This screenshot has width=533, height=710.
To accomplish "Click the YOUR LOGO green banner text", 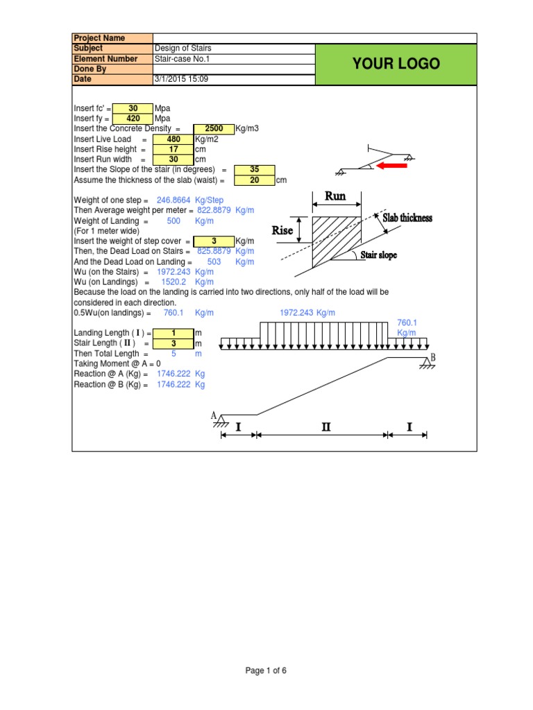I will coord(396,64).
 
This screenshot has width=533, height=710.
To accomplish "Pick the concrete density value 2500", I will coord(214,129).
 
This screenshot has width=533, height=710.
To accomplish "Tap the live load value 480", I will coord(173,139).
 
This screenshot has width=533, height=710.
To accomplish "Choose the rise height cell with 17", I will coord(173,149).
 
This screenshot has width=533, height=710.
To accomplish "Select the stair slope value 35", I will coord(255,170).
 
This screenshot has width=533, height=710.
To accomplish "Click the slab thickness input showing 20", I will coord(255,180).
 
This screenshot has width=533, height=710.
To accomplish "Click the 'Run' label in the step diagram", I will coord(337,197).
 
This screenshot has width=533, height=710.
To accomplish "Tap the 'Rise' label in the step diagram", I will coord(282,230).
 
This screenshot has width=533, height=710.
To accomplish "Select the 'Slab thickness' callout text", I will coord(407,218).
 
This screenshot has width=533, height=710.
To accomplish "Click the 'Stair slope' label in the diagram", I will coord(379,255).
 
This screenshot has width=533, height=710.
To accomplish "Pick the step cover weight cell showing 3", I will coord(214,241).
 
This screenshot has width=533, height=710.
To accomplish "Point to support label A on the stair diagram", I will coord(214,415).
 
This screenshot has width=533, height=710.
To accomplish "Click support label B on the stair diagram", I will coord(432,357).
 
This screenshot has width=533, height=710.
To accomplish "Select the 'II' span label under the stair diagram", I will coord(325,428).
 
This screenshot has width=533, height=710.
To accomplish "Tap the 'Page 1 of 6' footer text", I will coord(266,670).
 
